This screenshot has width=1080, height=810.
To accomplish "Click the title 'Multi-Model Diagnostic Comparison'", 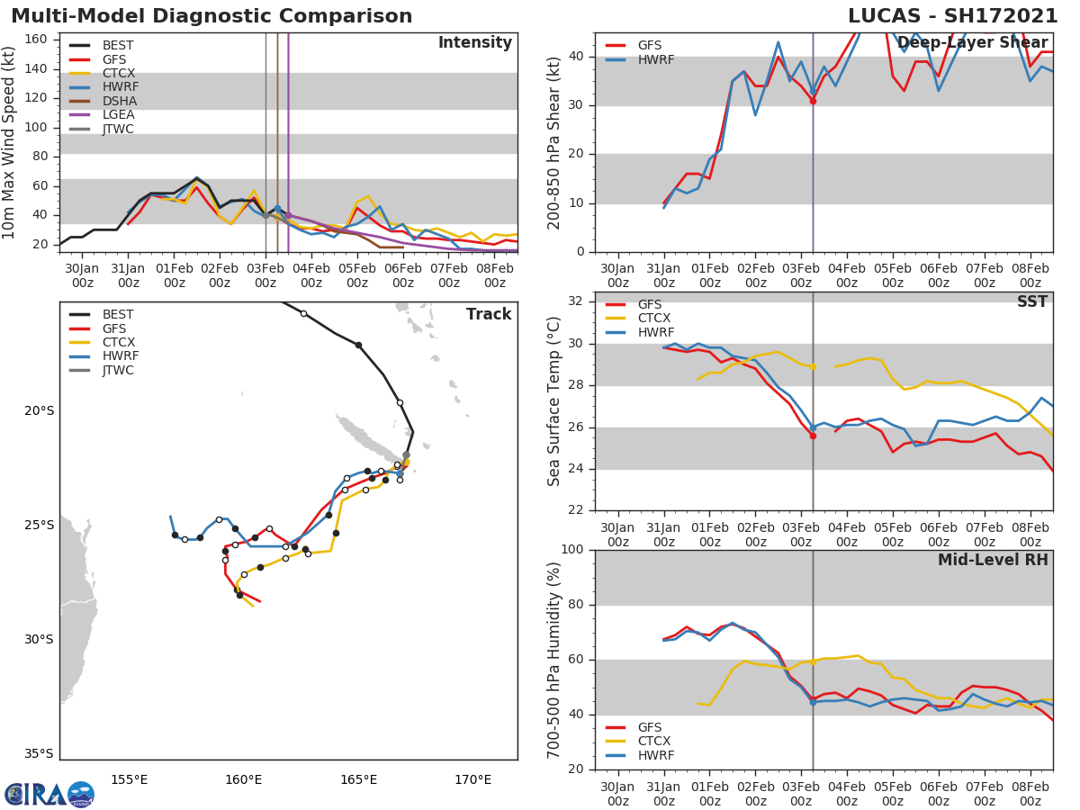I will pos(211,16).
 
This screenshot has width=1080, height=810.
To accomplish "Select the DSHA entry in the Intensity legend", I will pos(119,101).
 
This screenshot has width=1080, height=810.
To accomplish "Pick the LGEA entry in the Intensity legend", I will pos(119,115).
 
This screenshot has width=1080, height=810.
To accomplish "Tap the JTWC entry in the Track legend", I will pos(119,370).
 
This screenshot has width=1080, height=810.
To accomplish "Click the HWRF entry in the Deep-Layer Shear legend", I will pos(655,59).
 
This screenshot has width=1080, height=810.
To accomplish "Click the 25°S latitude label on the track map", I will pos(39,526).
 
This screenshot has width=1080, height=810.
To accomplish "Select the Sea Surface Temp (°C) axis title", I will pos(554,401).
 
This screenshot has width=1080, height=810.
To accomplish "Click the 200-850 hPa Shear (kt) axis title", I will pos(554,142).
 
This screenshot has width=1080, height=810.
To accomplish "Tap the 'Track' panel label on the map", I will pos(488,315).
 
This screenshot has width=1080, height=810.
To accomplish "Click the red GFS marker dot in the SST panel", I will pos(813,436).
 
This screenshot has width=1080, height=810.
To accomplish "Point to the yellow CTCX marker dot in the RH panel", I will pos(813,661).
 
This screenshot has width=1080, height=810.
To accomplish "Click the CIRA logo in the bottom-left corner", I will pos(49,794).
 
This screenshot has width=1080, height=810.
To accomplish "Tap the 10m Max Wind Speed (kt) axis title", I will pos(11,142).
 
